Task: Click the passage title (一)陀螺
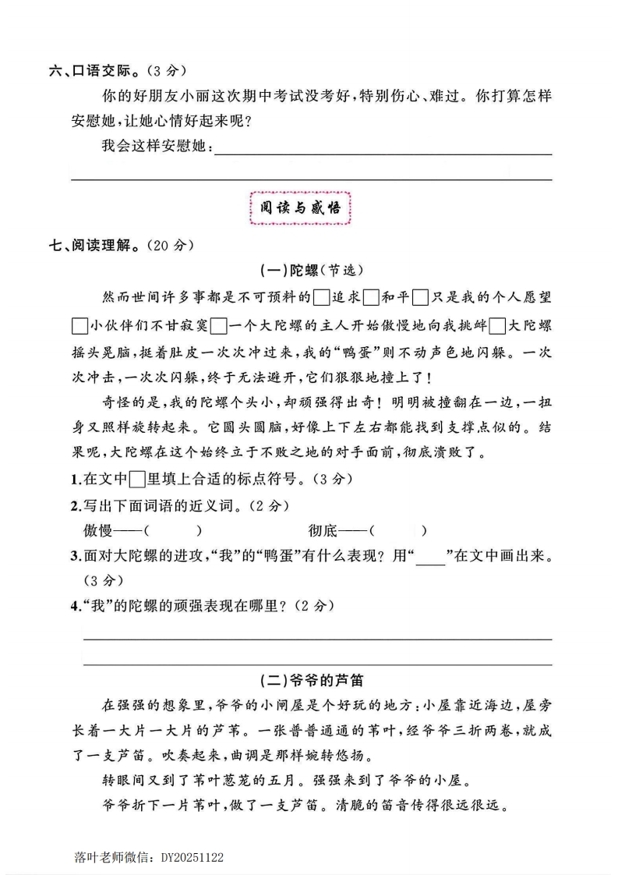tap(289, 271)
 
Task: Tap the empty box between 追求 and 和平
tap(371, 297)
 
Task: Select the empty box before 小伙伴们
tap(79, 324)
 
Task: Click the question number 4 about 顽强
tap(75, 605)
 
